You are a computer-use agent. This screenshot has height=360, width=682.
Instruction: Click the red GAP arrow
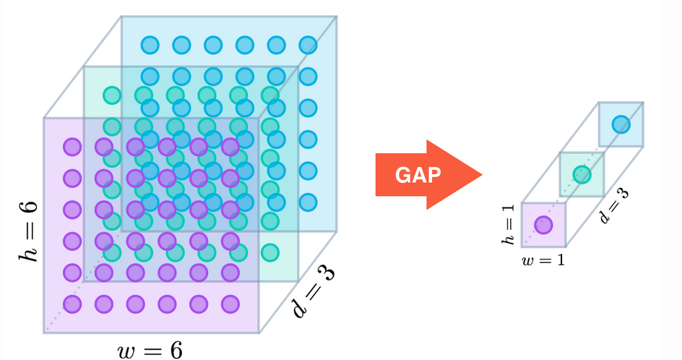(x=426, y=174)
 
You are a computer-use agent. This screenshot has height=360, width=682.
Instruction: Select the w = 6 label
(x=150, y=351)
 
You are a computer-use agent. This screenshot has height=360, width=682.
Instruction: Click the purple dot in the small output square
(x=543, y=226)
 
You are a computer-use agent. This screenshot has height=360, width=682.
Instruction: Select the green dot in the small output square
(x=582, y=174)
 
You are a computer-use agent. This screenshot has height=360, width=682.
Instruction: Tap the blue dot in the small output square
(x=621, y=124)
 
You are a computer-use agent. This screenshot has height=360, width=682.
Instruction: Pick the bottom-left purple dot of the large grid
(x=72, y=304)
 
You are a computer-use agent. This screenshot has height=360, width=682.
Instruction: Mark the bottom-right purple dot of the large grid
(x=230, y=304)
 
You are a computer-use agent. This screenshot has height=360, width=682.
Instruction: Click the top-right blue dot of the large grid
(x=308, y=45)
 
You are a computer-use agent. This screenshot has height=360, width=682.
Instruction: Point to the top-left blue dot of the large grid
(x=150, y=45)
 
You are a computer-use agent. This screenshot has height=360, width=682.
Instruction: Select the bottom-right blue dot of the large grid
(x=308, y=202)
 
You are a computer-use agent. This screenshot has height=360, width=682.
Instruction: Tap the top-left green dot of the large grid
(x=111, y=95)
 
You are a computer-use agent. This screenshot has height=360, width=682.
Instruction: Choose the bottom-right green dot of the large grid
(x=269, y=252)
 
